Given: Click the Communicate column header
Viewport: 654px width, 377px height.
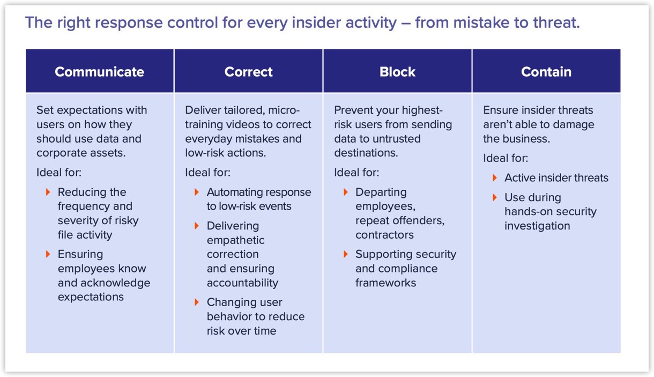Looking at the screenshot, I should coord(99,72).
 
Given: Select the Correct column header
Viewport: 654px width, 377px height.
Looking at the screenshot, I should coord(248,72).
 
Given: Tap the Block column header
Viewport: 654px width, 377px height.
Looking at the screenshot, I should coord(397,72).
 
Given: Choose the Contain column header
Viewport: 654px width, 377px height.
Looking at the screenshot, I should coord(546,72).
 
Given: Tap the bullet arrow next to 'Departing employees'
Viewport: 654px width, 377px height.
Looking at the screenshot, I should coord(346,192).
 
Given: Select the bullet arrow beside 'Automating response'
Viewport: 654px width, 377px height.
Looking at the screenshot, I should coord(197,192).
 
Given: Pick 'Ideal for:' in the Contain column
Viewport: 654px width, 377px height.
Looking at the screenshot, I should coord(506,158).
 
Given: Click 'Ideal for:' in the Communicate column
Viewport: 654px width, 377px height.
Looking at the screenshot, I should coord(59,173).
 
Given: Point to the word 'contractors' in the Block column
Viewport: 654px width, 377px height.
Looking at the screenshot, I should coord(384,235).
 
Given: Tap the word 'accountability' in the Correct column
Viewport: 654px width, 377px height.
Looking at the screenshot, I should coord(242,283).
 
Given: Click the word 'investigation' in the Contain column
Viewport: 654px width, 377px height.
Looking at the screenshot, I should coord(537,226).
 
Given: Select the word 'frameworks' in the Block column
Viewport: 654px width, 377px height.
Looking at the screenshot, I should coord(385,283).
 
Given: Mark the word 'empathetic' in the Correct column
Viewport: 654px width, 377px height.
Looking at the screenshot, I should coord(236,240).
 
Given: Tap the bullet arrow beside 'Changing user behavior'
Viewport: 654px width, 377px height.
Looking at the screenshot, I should coord(197,302).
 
